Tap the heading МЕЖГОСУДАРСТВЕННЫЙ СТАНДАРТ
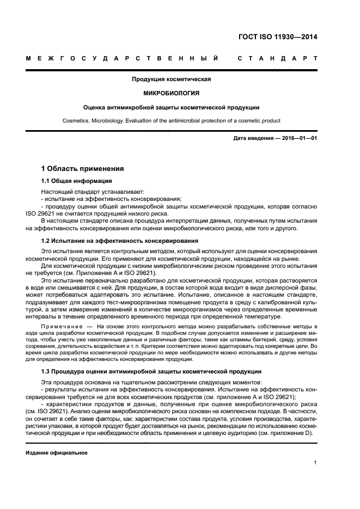pyautogui.click(x=171, y=58)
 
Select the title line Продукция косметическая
pyautogui.click(x=171, y=79)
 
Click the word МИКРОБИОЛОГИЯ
pyautogui.click(x=171, y=93)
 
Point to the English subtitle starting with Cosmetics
pyautogui.click(x=171, y=120)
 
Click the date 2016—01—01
pyautogui.click(x=298, y=138)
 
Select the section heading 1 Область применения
pyautogui.click(x=82, y=168)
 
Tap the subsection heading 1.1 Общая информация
pyautogui.click(x=77, y=181)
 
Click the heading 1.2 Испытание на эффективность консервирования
pyautogui.click(x=119, y=240)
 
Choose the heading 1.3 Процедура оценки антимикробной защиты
pyautogui.click(x=151, y=371)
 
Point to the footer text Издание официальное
pyautogui.click(x=57, y=452)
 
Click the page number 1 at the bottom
pyautogui.click(x=315, y=463)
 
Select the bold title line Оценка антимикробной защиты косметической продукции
pyautogui.click(x=171, y=107)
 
